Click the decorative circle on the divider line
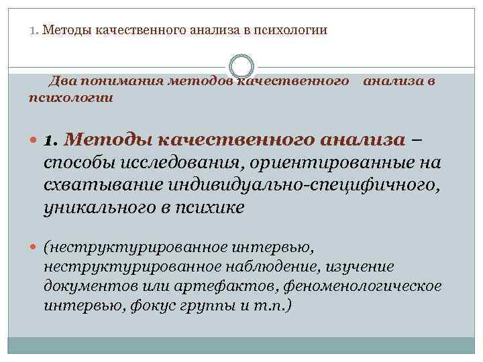pos(241,66)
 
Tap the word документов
pos(81,286)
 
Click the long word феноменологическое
pos(365,286)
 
